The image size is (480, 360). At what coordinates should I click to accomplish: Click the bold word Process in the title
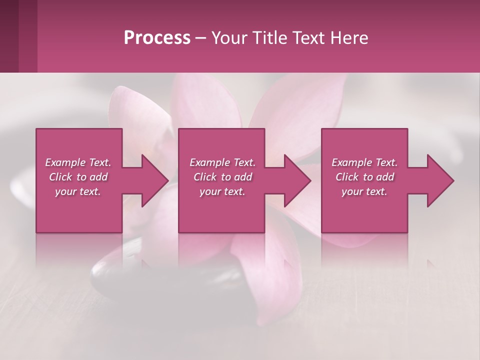pos(157,38)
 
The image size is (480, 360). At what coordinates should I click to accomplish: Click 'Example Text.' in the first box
pos(78,162)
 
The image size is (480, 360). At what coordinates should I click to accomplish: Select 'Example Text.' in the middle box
pos(222,162)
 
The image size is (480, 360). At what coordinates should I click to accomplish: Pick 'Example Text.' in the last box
pos(364,162)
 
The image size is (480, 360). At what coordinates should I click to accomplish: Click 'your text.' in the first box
pos(78,191)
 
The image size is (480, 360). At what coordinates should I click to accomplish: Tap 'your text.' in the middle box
pos(222,191)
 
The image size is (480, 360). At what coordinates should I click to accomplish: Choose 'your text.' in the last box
pos(364,191)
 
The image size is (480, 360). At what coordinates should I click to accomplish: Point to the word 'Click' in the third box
pos(347,177)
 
